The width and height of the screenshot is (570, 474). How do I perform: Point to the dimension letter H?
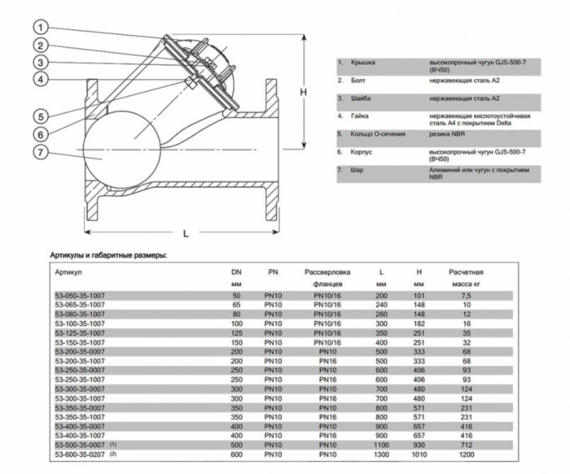point(302,93)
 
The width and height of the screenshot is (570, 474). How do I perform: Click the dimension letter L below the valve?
point(186,233)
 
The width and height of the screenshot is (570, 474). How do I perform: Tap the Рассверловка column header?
point(327,271)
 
